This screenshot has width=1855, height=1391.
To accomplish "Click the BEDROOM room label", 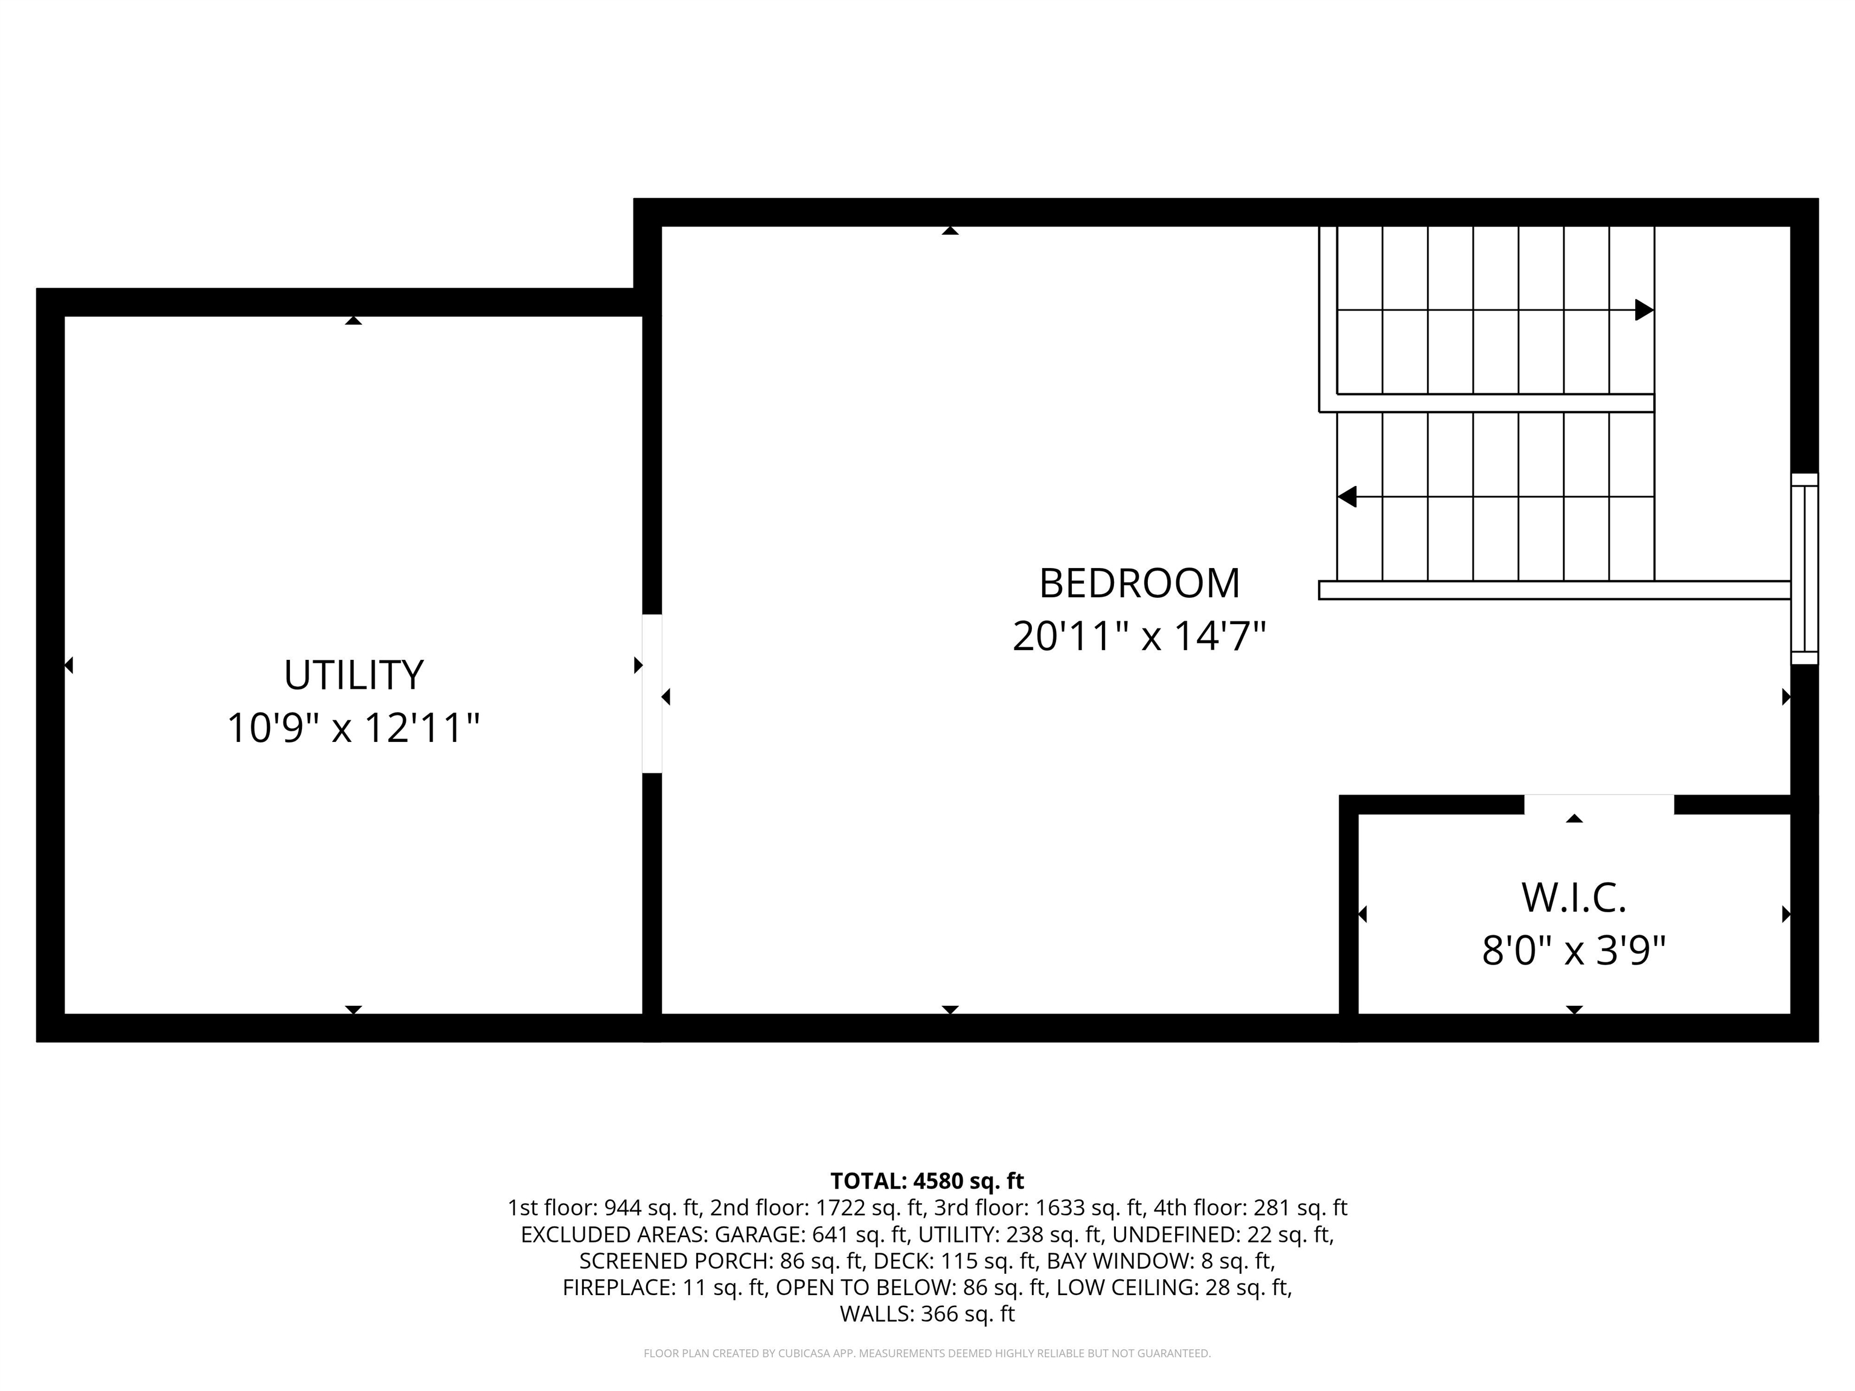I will [1139, 584].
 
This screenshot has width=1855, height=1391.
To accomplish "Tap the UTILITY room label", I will [353, 675].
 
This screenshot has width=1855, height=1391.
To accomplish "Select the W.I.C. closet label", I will [1573, 898].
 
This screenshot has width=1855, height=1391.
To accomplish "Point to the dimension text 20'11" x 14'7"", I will [1139, 636].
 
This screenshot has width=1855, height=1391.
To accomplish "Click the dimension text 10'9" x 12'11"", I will [353, 727].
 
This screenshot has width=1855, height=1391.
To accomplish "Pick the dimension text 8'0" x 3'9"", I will [1573, 951].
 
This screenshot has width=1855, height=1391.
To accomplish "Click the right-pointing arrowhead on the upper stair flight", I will [1644, 310].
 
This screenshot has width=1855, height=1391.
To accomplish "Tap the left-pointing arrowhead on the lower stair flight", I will [1347, 497].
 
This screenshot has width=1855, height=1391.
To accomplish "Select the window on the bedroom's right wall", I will [1805, 569].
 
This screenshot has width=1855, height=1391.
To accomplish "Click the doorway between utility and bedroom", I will [652, 694].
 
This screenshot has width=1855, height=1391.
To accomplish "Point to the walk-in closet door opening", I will [1598, 804].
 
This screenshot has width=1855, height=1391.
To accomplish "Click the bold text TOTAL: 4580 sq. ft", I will [927, 1182].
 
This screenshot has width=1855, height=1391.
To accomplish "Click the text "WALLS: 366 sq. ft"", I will [927, 1314].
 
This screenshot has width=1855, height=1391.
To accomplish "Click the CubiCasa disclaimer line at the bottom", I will [927, 1354].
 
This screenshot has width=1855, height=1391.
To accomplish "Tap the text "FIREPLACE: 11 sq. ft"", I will [664, 1288].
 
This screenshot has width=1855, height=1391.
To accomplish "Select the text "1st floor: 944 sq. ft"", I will [604, 1208].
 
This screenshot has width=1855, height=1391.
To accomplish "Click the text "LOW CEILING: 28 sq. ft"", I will [1173, 1288].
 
